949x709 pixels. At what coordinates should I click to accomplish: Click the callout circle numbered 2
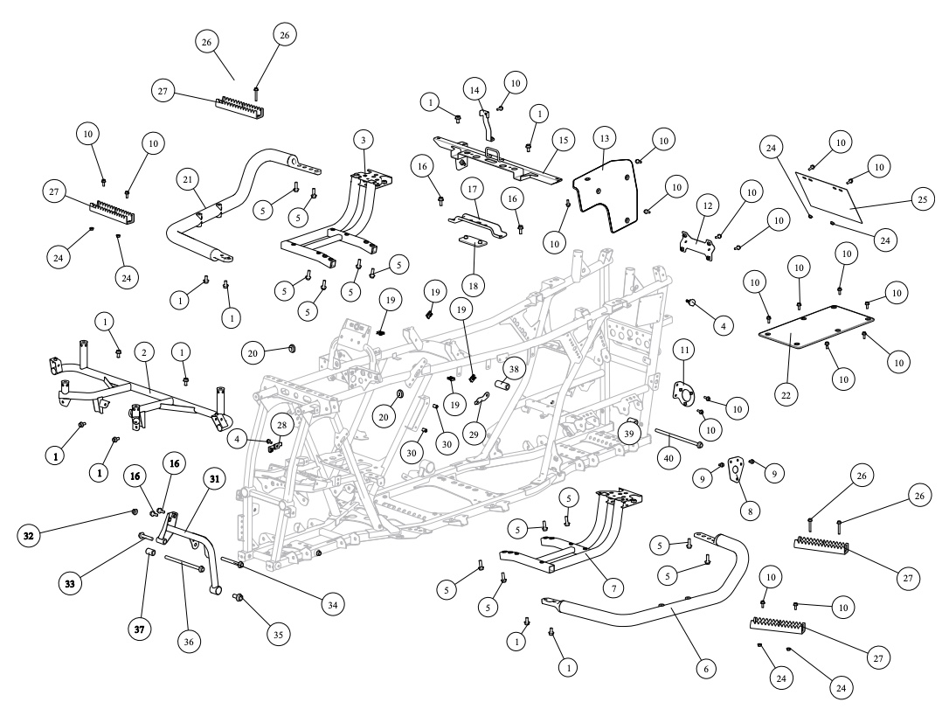pyautogui.click(x=144, y=352)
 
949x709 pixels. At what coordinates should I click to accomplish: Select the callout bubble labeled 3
pyautogui.click(x=364, y=141)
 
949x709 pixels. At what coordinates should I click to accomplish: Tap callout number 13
pyautogui.click(x=605, y=139)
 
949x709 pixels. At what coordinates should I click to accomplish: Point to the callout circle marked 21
pyautogui.click(x=188, y=179)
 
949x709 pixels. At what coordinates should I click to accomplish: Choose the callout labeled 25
pyautogui.click(x=923, y=200)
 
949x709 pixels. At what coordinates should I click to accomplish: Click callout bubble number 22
pyautogui.click(x=786, y=395)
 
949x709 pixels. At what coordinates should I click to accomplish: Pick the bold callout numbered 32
pyautogui.click(x=29, y=536)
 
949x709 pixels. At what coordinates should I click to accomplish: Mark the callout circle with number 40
pyautogui.click(x=668, y=458)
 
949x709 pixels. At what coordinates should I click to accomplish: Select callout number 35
pyautogui.click(x=278, y=636)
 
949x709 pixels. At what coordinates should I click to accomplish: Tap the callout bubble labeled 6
pyautogui.click(x=706, y=669)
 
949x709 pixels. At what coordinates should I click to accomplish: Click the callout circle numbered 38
pyautogui.click(x=514, y=369)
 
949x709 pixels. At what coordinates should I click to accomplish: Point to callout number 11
pyautogui.click(x=684, y=350)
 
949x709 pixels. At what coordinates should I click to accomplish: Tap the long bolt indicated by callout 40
pyautogui.click(x=679, y=438)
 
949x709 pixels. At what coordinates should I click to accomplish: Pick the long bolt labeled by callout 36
pyautogui.click(x=184, y=563)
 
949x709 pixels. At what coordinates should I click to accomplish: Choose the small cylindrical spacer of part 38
pyautogui.click(x=502, y=385)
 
